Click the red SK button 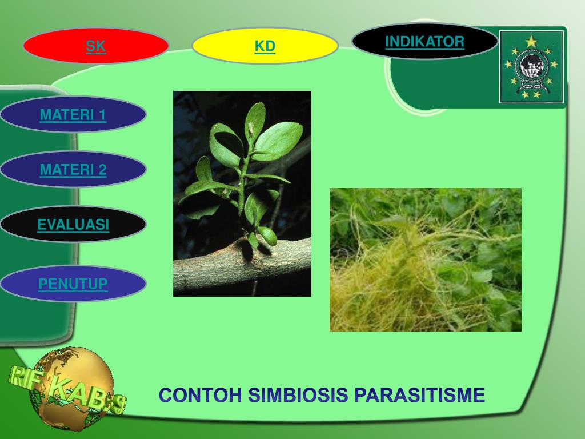point(96,46)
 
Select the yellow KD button point(265,46)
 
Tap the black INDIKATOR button point(424,41)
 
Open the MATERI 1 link point(73,115)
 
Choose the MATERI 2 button point(73,170)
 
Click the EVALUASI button point(73,225)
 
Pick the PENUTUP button point(73,284)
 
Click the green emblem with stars point(532,67)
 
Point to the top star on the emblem point(532,41)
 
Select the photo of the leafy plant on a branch point(242,193)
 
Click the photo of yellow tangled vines point(425,260)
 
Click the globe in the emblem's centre point(531,69)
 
